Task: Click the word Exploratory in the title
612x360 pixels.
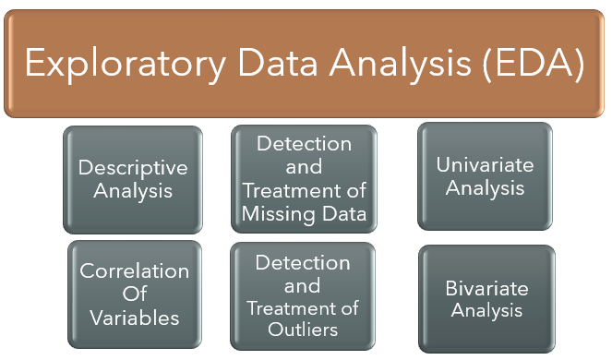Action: pos(126,64)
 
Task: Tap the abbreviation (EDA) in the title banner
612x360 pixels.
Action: pos(534,64)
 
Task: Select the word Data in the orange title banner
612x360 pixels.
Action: pos(278,62)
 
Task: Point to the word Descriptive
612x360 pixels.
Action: pos(133,168)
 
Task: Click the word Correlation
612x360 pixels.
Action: pos(134,270)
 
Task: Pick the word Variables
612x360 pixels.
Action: pos(135,318)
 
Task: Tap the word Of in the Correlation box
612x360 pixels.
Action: pos(135,294)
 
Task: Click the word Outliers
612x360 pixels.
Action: pos(303,330)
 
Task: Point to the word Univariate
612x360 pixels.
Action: pos(485,164)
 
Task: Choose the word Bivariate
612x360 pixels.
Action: pos(487,288)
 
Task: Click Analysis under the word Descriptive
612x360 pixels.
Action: pos(133,192)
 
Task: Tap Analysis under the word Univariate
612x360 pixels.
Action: pos(485,188)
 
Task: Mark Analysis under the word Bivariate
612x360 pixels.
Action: pos(486,311)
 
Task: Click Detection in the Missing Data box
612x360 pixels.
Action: pos(304,144)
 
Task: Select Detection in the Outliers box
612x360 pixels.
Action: pos(303,262)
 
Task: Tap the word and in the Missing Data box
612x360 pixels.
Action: pos(304,167)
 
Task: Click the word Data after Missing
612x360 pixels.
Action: pos(343,213)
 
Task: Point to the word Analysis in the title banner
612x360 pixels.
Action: pos(400,64)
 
